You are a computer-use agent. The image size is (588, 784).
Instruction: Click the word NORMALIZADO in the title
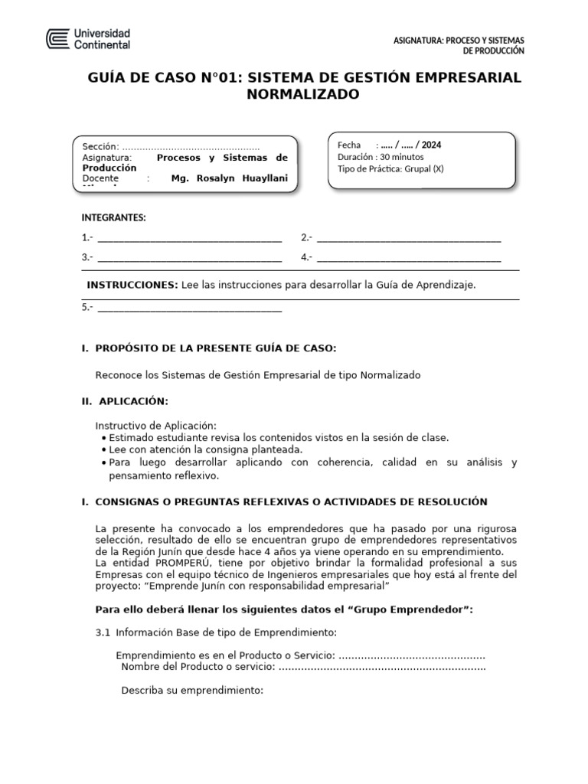tap(302, 95)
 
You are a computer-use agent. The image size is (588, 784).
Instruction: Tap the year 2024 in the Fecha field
tap(430, 145)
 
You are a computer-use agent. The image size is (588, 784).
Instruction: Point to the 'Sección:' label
tap(101, 147)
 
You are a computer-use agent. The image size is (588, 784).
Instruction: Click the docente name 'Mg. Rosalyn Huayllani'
tap(230, 178)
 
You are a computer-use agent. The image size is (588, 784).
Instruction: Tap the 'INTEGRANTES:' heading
tap(113, 218)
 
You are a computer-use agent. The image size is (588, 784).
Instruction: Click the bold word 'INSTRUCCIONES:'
tap(132, 285)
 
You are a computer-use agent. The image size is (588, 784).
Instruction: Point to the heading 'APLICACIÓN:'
tap(132, 401)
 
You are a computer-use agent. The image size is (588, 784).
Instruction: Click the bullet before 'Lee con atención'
tap(103, 450)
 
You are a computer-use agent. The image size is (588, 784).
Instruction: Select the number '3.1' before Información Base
tap(103, 632)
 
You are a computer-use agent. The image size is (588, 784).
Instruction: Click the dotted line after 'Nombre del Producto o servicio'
tap(383, 667)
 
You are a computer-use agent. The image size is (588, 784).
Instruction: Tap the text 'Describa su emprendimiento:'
tap(192, 691)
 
